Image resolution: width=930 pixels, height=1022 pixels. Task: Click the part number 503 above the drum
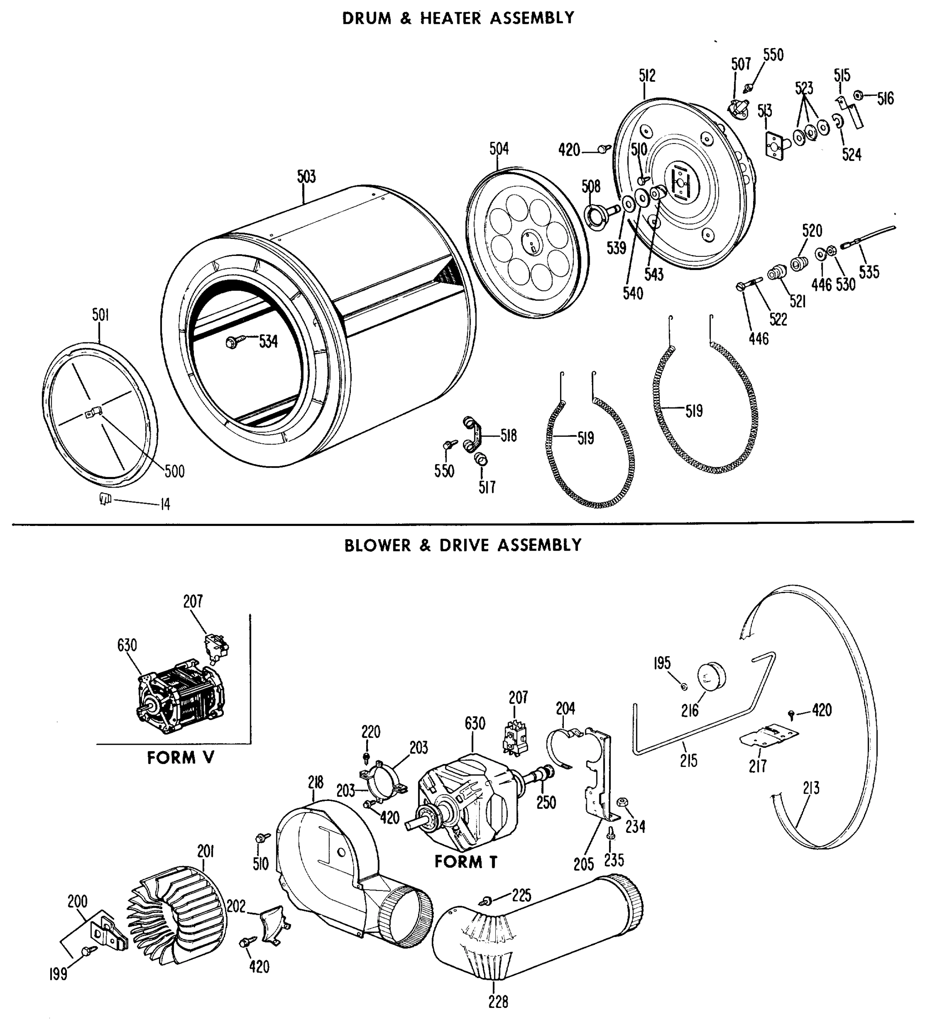306,177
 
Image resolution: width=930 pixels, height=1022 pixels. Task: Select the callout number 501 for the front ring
101,315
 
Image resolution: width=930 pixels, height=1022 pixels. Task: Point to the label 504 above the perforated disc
499,149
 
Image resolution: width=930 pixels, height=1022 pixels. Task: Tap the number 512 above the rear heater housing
647,76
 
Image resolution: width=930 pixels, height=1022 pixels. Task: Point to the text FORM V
181,758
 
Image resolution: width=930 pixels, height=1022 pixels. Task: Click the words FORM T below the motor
466,862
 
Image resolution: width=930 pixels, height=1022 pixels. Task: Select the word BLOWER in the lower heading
378,545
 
